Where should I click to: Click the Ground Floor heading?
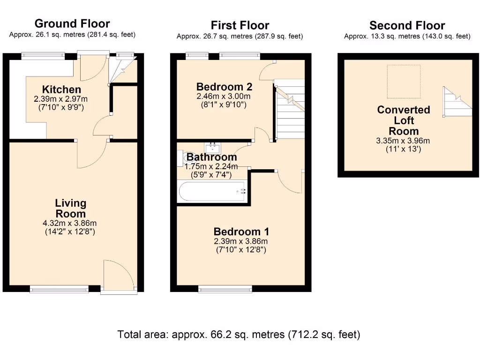pos(72,23)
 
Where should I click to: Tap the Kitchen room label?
pos(61,90)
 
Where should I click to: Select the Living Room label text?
pos(70,208)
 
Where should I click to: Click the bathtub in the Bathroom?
pos(212,191)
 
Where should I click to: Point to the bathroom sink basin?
pos(213,149)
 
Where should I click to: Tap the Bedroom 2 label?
pos(224,87)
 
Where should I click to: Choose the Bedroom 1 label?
pos(241,232)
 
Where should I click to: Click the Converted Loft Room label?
pos(404,120)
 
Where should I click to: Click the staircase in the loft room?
pos(457,102)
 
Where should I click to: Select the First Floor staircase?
pos(289,110)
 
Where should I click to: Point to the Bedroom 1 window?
pos(225,288)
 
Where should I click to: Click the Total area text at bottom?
pos(239,334)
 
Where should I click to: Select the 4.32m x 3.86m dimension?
pos(70,223)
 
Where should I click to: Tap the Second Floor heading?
pos(407,25)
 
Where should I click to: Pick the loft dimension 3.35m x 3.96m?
pos(403,141)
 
